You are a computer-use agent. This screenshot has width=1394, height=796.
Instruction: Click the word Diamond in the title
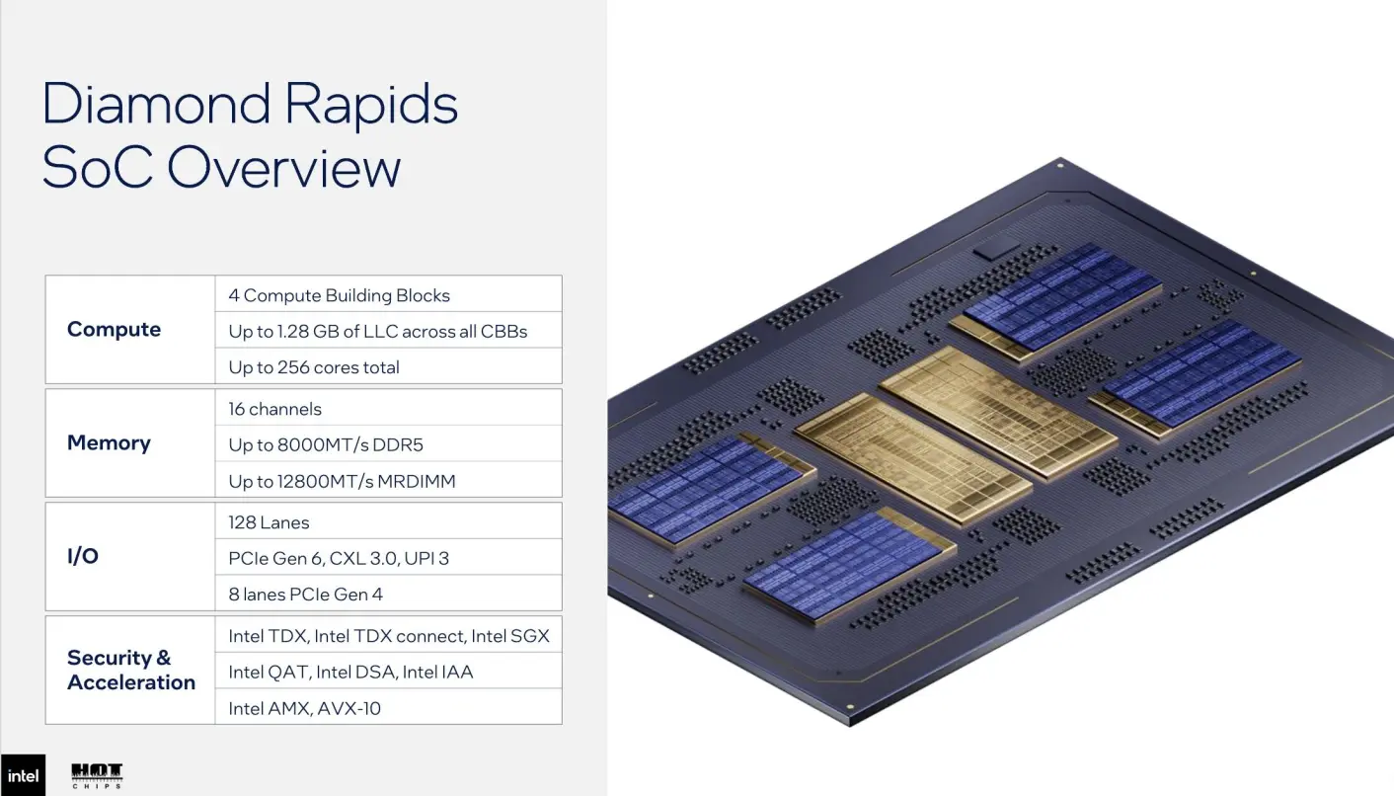[156, 104]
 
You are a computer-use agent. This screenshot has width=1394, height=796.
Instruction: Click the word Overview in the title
[283, 168]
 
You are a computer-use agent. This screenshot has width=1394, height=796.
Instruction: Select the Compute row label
[114, 329]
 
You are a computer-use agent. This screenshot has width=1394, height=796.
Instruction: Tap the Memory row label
[109, 442]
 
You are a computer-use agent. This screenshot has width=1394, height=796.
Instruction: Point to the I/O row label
[83, 556]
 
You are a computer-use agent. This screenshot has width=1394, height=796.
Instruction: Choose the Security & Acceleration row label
[131, 670]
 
